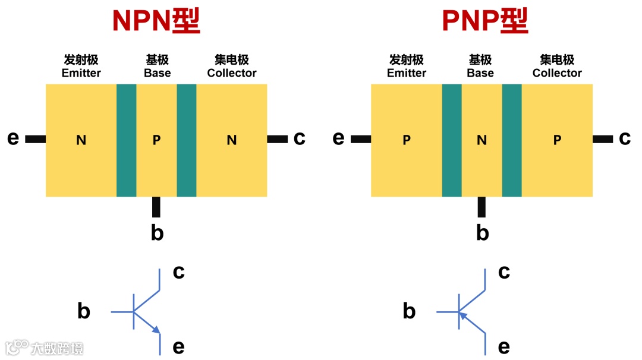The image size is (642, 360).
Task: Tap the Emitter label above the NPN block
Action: point(81,73)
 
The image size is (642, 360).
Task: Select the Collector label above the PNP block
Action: point(557,73)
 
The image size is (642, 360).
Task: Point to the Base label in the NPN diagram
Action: point(157,73)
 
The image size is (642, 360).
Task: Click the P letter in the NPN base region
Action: point(156,140)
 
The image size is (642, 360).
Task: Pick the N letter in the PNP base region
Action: point(481,140)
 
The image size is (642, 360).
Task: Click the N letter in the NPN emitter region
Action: point(81,140)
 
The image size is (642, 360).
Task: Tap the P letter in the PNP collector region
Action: point(557,140)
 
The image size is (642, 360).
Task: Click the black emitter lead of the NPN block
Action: point(36,139)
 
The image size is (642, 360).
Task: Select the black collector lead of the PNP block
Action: point(603,139)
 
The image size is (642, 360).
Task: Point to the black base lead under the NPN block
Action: point(156,207)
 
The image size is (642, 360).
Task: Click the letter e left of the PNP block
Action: point(338,138)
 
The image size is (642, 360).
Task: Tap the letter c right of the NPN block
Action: point(299,138)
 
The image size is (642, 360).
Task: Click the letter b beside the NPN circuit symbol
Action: point(84,311)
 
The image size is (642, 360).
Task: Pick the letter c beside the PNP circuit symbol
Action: point(504,272)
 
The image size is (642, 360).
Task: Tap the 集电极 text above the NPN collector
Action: point(232,60)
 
